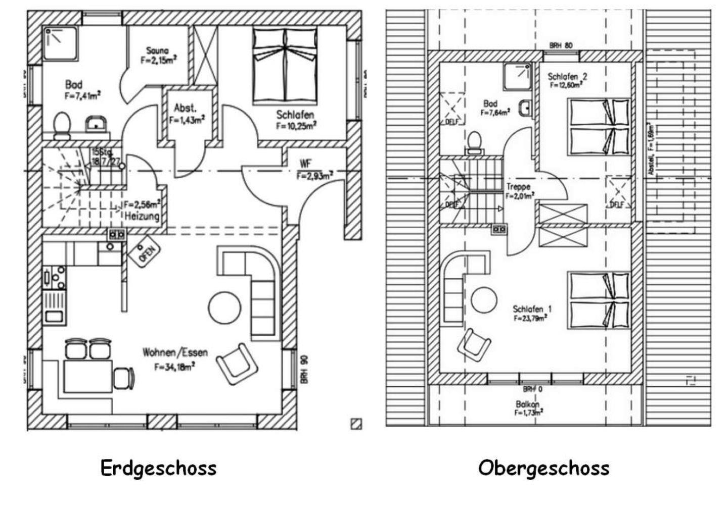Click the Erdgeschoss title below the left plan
158,468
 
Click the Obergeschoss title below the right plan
543,468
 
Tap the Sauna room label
157,50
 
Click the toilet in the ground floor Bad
62,125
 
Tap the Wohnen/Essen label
175,352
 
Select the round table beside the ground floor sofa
224,308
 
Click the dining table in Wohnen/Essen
87,376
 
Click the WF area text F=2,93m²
314,176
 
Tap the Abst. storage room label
185,108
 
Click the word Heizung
142,217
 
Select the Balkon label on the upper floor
527,404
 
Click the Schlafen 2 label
567,77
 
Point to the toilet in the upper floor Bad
474,142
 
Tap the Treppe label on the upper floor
518,187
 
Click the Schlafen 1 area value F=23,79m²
530,319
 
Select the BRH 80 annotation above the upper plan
561,45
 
